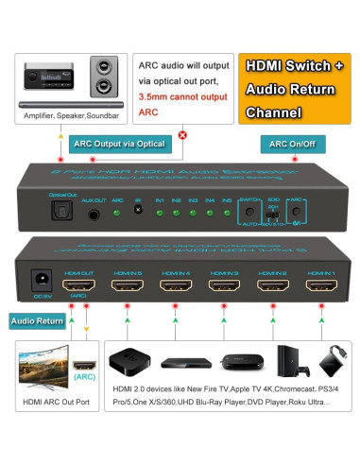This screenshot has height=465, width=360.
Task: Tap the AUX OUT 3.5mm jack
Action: [x=94, y=215]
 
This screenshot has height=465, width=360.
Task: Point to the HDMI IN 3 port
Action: [x=221, y=283]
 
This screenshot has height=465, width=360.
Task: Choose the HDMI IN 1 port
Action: [x=317, y=283]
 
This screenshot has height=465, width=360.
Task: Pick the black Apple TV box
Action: [x=129, y=363]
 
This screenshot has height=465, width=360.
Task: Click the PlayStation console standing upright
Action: [x=285, y=362]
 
